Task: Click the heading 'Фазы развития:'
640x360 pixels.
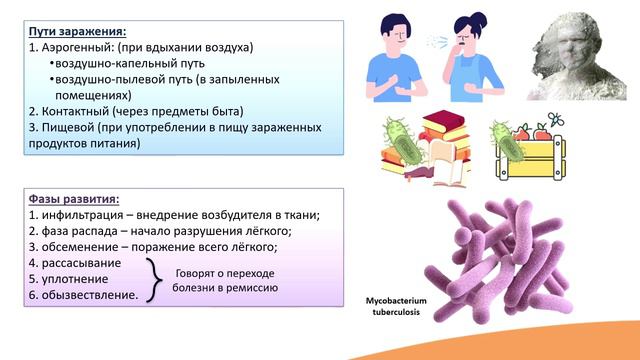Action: click(x=70, y=197)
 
